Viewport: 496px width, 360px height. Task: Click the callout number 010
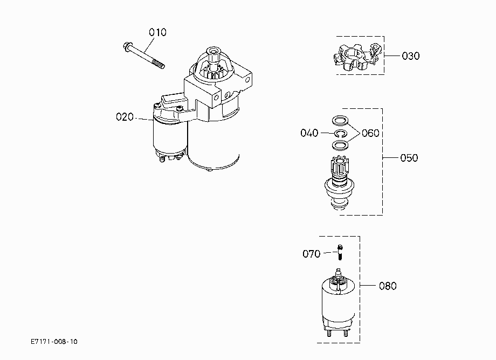coord(157,32)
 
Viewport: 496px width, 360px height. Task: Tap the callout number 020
coord(125,117)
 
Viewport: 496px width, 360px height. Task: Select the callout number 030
coord(411,56)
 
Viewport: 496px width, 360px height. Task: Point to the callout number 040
coord(309,133)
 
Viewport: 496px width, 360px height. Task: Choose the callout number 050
coord(409,158)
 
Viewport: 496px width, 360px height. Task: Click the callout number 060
coord(370,133)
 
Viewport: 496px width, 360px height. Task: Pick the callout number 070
coord(311,254)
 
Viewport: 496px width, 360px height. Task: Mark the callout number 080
coord(388,286)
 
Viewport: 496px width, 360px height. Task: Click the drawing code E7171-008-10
coord(54,342)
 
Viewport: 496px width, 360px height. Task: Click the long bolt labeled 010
coord(144,56)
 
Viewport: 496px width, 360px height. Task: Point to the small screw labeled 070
coord(340,252)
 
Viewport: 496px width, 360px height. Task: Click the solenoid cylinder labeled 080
coord(338,303)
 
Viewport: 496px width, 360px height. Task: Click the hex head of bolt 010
coord(127,46)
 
